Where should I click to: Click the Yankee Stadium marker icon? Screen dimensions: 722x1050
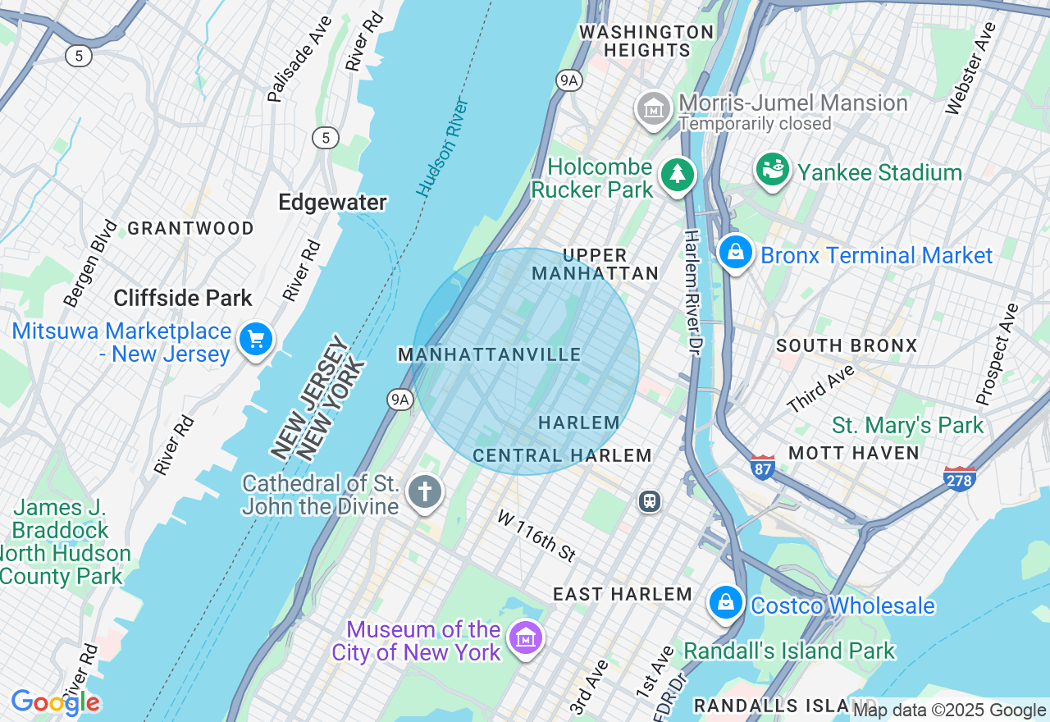click(x=772, y=170)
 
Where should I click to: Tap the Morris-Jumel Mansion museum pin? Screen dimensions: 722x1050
click(x=654, y=108)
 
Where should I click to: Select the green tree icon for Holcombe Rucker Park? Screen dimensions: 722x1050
click(x=678, y=174)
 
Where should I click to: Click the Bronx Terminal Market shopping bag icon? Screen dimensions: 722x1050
click(x=736, y=253)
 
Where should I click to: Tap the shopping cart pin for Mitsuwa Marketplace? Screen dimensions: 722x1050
click(x=256, y=338)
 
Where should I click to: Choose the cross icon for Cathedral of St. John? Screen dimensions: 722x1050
click(x=424, y=492)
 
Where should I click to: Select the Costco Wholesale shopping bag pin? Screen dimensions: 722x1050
click(x=726, y=603)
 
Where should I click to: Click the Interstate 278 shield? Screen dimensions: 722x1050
click(x=959, y=478)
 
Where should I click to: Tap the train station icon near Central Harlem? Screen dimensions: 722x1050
click(x=650, y=500)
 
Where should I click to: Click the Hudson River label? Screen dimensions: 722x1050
click(x=443, y=148)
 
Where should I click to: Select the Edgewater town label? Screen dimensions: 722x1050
click(x=332, y=202)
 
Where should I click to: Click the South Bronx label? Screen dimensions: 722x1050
click(x=847, y=345)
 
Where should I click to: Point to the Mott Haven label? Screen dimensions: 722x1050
click(x=854, y=453)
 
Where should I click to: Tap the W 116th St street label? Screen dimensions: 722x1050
click(x=536, y=535)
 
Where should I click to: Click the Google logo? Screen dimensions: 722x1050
click(x=56, y=702)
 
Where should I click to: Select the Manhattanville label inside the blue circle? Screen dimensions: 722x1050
click(x=490, y=354)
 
